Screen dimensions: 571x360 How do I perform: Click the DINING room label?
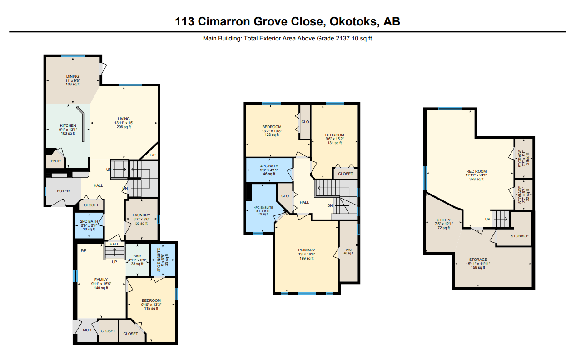pyautogui.click(x=73, y=76)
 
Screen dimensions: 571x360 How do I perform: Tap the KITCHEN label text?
pyautogui.click(x=68, y=125)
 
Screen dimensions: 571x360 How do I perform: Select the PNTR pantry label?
pyautogui.click(x=56, y=161)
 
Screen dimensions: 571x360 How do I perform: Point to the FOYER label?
pyautogui.click(x=63, y=191)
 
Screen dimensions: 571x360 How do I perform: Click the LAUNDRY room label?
pyautogui.click(x=141, y=215)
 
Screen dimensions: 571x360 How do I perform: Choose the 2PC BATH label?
pyautogui.click(x=89, y=221)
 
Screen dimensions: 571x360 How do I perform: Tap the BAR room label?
pyautogui.click(x=137, y=256)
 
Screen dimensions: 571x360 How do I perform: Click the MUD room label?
pyautogui.click(x=87, y=330)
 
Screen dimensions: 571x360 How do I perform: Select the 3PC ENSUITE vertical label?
pyautogui.click(x=159, y=260)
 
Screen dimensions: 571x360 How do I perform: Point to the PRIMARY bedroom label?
pyautogui.click(x=307, y=250)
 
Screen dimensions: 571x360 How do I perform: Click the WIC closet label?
pyautogui.click(x=348, y=250)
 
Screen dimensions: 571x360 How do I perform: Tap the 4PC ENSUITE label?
pyautogui.click(x=263, y=208)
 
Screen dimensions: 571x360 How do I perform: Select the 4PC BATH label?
pyautogui.click(x=269, y=166)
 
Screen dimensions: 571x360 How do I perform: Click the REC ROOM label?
pyautogui.click(x=477, y=171)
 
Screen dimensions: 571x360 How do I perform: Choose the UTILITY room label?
pyautogui.click(x=443, y=220)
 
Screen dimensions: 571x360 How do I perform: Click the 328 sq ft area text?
pyautogui.click(x=477, y=180)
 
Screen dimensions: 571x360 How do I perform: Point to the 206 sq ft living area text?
pyautogui.click(x=124, y=127)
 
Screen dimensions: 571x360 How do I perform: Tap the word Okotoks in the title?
pyautogui.click(x=353, y=21)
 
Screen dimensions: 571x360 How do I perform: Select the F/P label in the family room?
pyautogui.click(x=84, y=250)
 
